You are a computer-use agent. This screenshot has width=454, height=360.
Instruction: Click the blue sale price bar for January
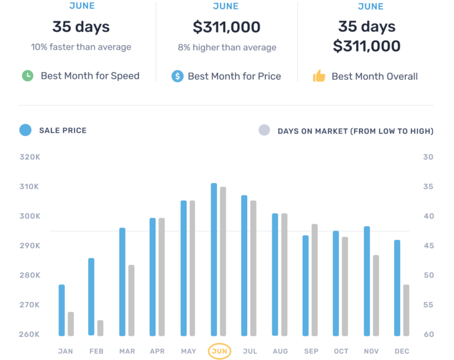pyautogui.click(x=61, y=310)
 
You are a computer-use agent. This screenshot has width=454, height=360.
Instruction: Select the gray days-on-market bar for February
pyautogui.click(x=100, y=328)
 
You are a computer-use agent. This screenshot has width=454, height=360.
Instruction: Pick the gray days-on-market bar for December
pyautogui.click(x=406, y=310)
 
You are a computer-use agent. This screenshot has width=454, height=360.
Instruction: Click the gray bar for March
pyautogui.click(x=131, y=300)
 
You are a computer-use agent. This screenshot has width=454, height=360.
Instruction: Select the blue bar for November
pyautogui.click(x=367, y=280)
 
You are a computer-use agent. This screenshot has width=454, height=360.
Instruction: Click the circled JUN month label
pyautogui.click(x=219, y=351)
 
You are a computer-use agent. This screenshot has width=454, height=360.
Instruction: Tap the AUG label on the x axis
pyautogui.click(x=280, y=351)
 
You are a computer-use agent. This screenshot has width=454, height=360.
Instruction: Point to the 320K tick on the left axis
pyautogui.click(x=30, y=157)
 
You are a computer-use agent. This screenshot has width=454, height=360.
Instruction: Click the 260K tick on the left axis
pyautogui.click(x=30, y=335)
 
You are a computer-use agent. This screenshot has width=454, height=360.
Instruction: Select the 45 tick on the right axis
pyautogui.click(x=428, y=246)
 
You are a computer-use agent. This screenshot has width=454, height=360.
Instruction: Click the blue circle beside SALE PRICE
pyautogui.click(x=25, y=130)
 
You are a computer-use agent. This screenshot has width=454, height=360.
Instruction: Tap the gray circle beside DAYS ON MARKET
pyautogui.click(x=264, y=131)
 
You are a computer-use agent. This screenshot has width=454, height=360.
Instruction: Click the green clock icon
pyautogui.click(x=27, y=76)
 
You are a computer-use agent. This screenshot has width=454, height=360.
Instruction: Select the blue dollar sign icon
pyautogui.click(x=177, y=76)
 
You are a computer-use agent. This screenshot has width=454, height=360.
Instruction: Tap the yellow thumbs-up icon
pyautogui.click(x=319, y=76)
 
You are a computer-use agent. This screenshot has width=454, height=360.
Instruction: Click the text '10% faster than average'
pyautogui.click(x=81, y=47)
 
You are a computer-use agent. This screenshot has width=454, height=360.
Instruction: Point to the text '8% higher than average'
pyautogui.click(x=227, y=47)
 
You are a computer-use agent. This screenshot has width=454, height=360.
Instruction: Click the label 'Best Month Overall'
pyautogui.click(x=374, y=76)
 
